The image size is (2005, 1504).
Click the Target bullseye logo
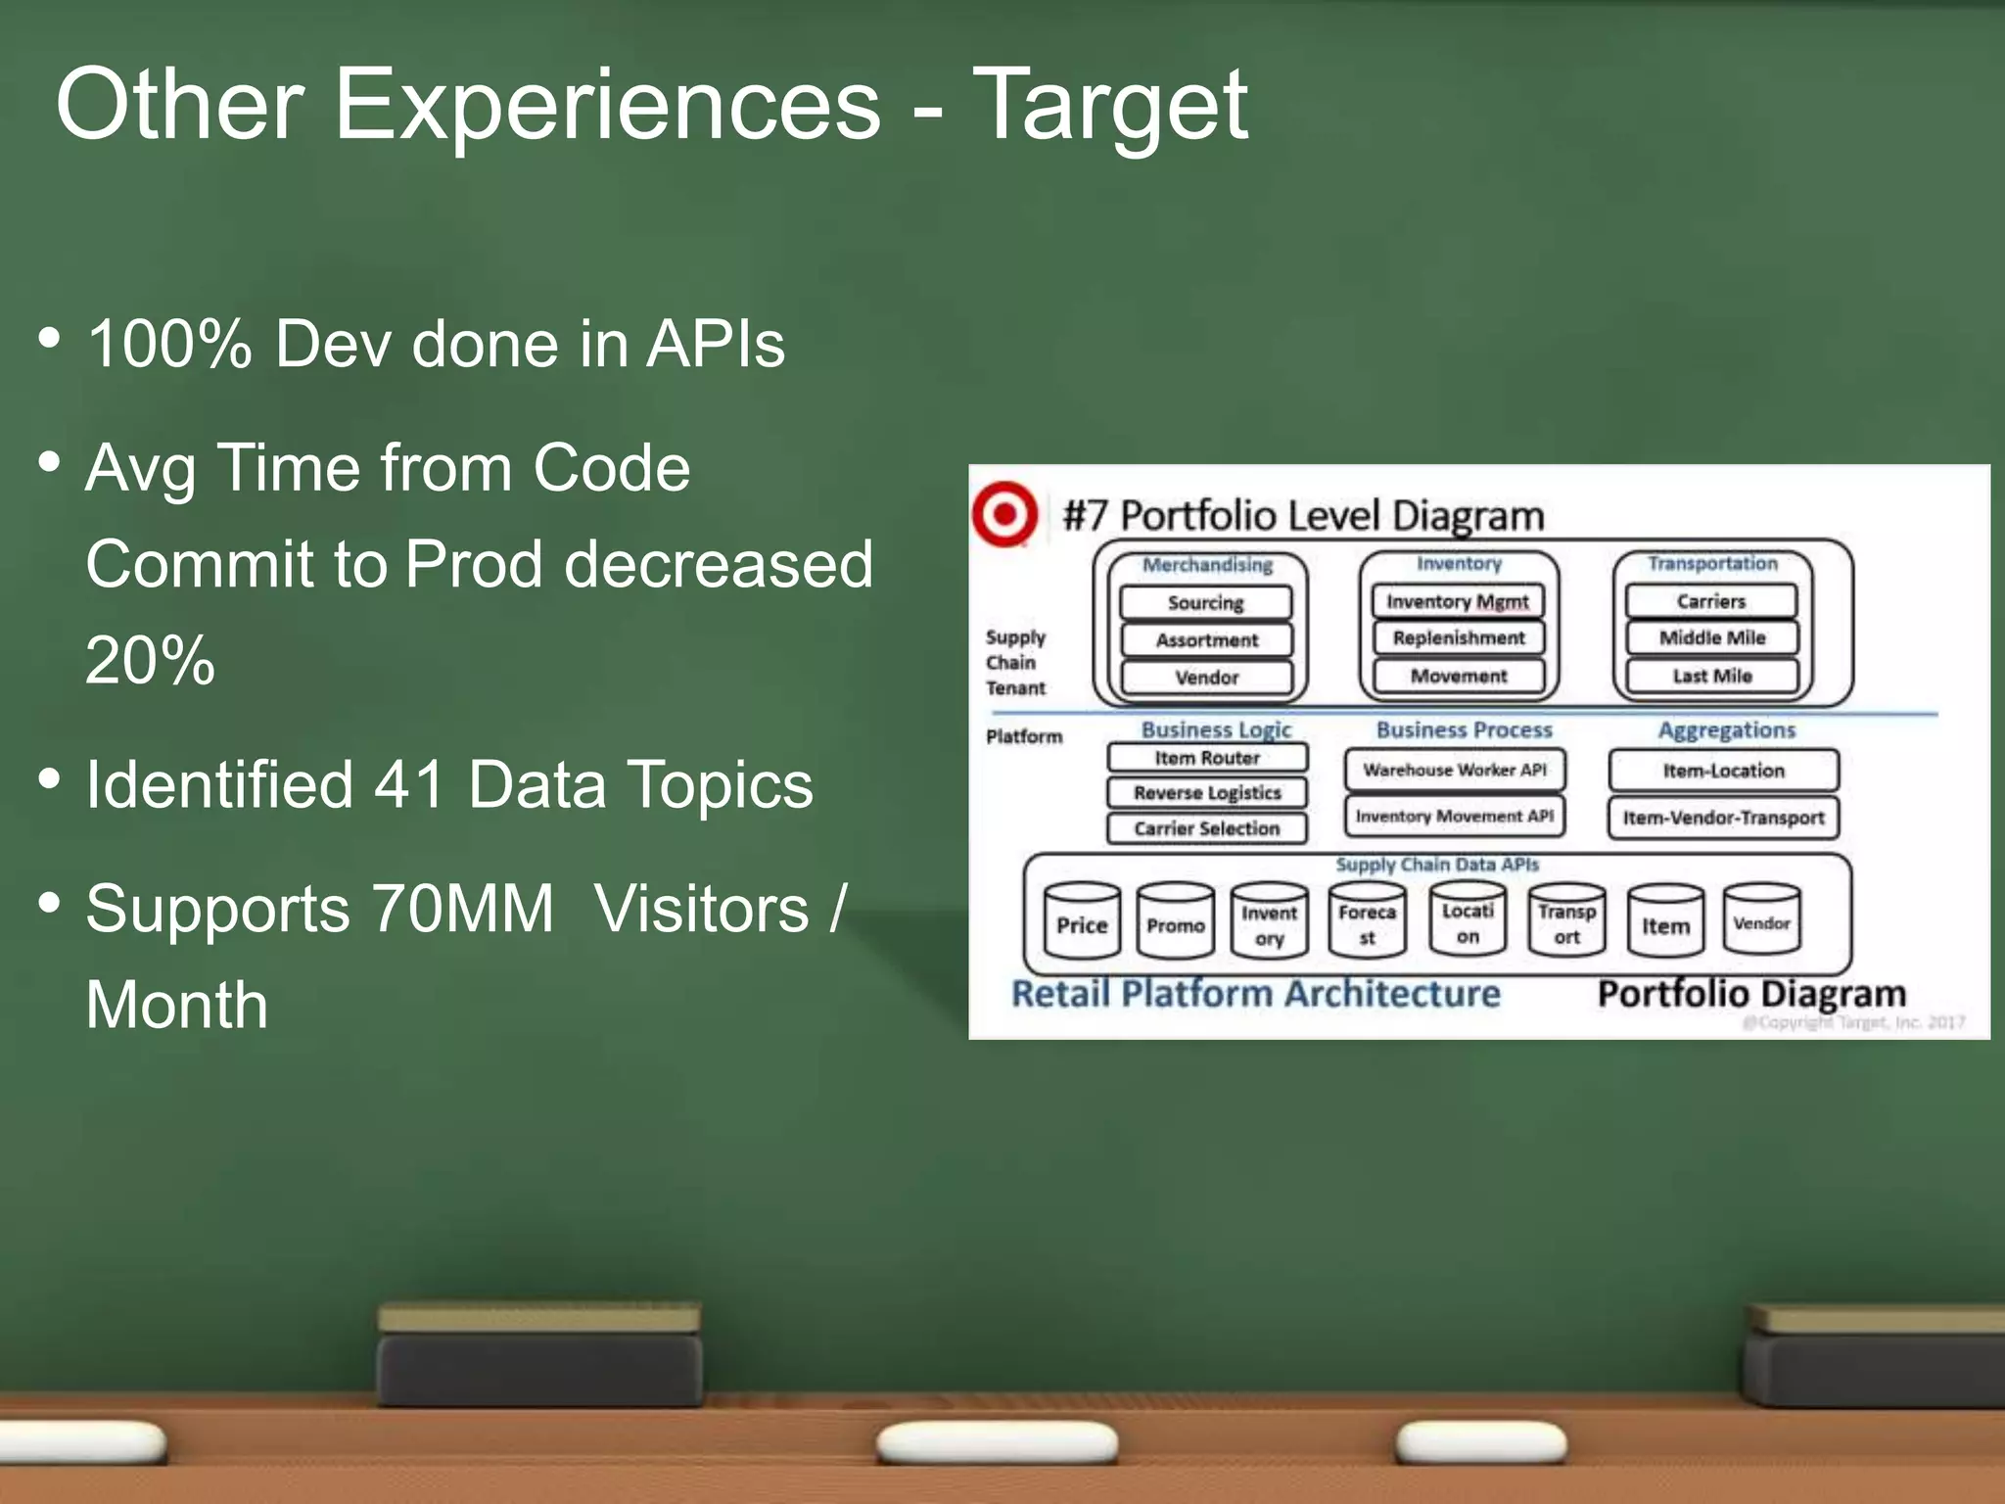coord(1004,513)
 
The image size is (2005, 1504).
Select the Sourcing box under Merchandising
coord(1205,602)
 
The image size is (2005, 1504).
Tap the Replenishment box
coord(1458,637)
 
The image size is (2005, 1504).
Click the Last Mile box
coord(1711,676)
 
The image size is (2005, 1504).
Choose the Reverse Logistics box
coord(1206,792)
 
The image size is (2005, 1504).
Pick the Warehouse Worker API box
coord(1454,770)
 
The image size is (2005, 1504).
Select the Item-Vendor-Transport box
coord(1723,818)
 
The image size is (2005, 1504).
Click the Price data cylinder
coord(1081,921)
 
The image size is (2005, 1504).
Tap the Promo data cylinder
coord(1175,921)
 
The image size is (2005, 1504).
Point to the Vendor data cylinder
coord(1761,919)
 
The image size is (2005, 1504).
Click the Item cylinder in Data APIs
coord(1665,921)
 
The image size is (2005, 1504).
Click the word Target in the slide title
coord(1109,105)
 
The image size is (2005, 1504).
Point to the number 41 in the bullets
coord(410,785)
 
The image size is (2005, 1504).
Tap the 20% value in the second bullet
coord(150,660)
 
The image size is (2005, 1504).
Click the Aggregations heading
coord(1726,730)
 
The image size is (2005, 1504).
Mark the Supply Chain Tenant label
coord(1015,662)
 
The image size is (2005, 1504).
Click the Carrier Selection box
coord(1206,828)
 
